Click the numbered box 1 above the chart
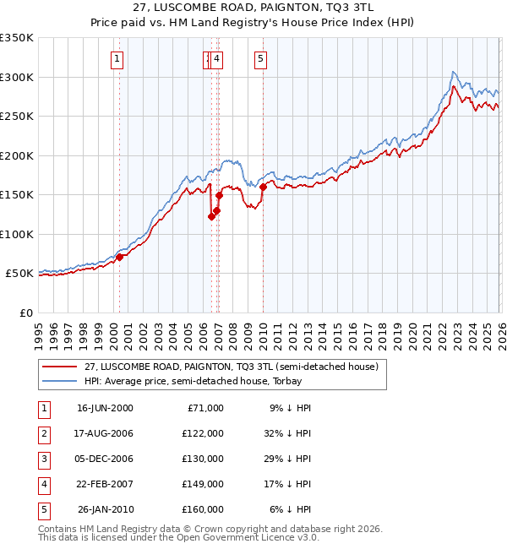pyautogui.click(x=116, y=58)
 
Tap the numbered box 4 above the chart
pyautogui.click(x=217, y=58)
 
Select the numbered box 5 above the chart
pyautogui.click(x=260, y=58)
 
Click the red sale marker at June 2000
pyautogui.click(x=119, y=257)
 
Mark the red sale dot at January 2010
pyautogui.click(x=263, y=187)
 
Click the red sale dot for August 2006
pyautogui.click(x=211, y=216)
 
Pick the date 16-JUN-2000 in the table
pyautogui.click(x=105, y=408)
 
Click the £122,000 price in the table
pyautogui.click(x=203, y=433)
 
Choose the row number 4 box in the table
pyautogui.click(x=43, y=484)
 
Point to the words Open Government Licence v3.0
pyautogui.click(x=245, y=537)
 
